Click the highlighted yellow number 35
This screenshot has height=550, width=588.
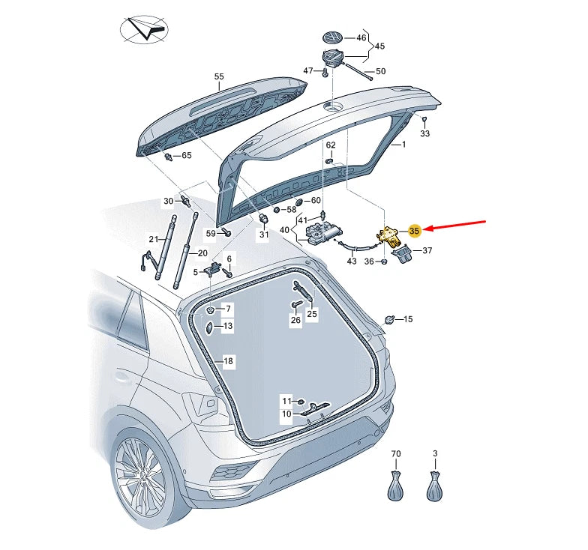click(415, 232)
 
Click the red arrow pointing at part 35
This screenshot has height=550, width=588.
click(457, 226)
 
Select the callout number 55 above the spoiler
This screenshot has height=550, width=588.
click(219, 76)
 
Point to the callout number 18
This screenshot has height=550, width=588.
click(228, 361)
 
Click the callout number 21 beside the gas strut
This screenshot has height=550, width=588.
click(154, 239)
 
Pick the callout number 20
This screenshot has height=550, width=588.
click(202, 253)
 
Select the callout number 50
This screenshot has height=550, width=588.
click(380, 71)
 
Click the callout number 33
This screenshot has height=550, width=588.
click(425, 133)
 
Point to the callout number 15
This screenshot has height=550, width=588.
click(408, 320)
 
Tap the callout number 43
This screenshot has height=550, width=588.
click(352, 261)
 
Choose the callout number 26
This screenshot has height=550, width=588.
click(295, 320)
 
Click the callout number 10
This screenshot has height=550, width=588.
click(286, 414)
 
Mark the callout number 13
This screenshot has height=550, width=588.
click(227, 326)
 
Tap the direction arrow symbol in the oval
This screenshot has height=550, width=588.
click(145, 31)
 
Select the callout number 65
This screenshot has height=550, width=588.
click(186, 155)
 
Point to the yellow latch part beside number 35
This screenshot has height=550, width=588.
click(390, 235)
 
